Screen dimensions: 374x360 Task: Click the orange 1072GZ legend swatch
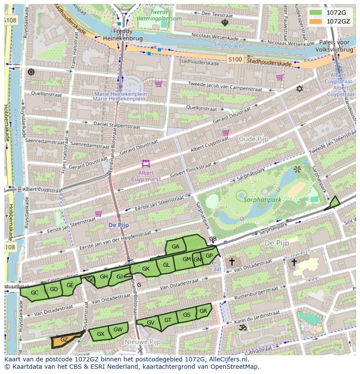(x=316, y=21)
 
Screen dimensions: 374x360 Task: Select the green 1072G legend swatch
(x=316, y=13)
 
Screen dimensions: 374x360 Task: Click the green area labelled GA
(x=176, y=247)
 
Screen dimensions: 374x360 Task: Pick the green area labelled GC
(x=34, y=293)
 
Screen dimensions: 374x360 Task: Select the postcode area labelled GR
(x=203, y=311)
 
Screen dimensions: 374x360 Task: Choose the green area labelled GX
(x=100, y=334)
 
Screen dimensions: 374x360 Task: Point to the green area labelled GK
(x=146, y=269)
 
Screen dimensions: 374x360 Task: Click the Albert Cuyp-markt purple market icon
(x=146, y=164)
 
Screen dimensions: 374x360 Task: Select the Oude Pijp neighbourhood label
(x=253, y=139)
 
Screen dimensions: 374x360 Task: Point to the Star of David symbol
(x=299, y=89)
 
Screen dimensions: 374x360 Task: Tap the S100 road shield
(x=235, y=59)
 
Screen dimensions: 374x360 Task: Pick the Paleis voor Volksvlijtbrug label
(x=334, y=46)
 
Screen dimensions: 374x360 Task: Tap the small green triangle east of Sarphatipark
(x=333, y=203)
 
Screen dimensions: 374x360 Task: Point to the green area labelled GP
(x=209, y=256)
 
